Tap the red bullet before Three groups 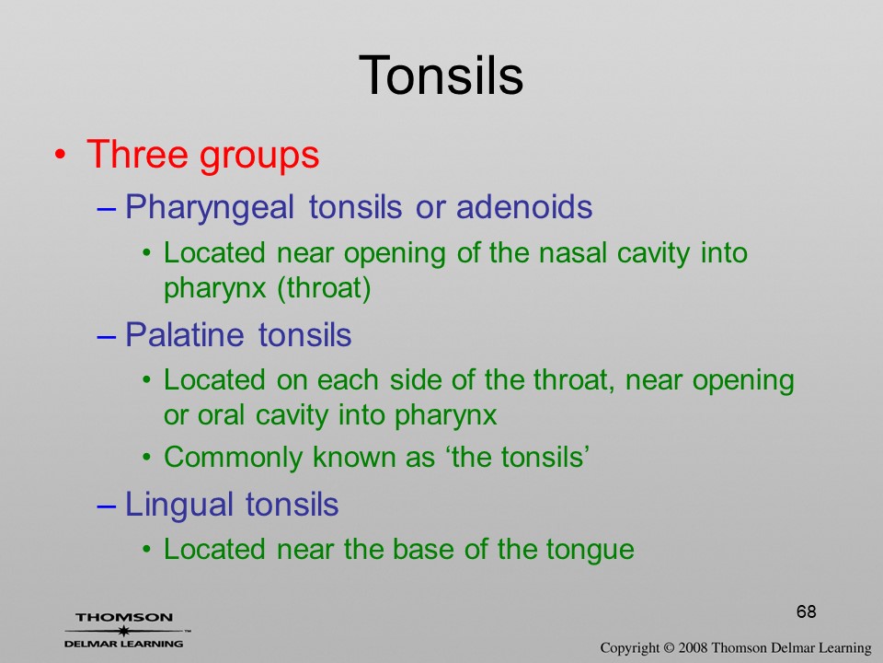click(x=61, y=155)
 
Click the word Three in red click(x=137, y=154)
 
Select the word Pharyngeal click(x=210, y=207)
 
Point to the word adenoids click(x=524, y=206)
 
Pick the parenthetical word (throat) click(x=324, y=288)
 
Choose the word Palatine click(x=185, y=334)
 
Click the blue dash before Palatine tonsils click(x=107, y=336)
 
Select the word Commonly click(x=233, y=458)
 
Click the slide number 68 click(x=807, y=611)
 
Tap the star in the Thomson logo click(x=124, y=631)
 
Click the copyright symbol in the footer click(x=669, y=648)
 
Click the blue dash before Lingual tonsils click(x=107, y=506)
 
